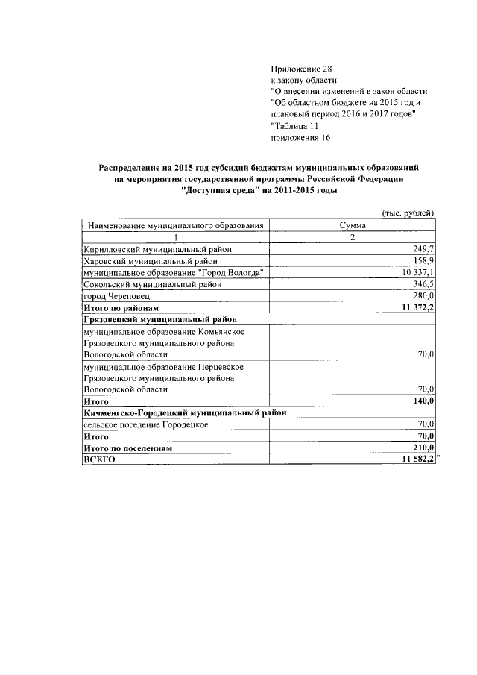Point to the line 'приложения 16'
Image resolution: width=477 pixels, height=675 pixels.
point(300,138)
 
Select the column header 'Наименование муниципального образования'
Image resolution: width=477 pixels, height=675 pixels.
point(176,225)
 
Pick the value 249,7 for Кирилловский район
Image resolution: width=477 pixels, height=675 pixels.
point(423,248)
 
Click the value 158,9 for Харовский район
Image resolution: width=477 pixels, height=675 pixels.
point(423,260)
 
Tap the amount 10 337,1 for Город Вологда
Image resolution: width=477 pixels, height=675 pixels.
point(418,272)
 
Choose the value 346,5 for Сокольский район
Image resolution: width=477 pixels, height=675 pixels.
point(423,284)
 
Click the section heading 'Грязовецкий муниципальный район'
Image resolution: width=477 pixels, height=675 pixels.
point(165,319)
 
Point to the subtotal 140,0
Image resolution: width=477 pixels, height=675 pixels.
point(423,401)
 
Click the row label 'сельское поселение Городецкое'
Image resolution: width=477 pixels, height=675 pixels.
point(146,424)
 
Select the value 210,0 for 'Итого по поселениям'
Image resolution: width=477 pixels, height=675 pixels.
point(423,448)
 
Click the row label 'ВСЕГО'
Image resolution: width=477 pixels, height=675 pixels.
point(100,460)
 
